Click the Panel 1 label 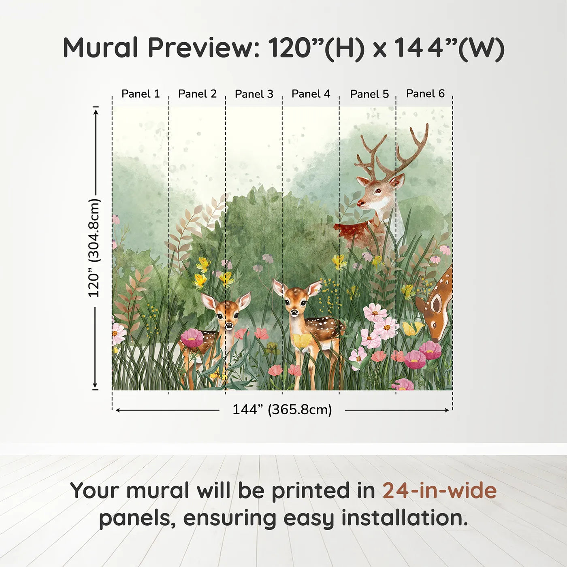coord(141,94)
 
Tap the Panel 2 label coord(197,94)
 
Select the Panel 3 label coord(254,94)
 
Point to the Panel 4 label coord(311,94)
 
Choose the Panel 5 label coord(369,94)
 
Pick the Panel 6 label coord(425,94)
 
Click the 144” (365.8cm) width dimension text coord(282,409)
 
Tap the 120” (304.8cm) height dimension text coord(94,248)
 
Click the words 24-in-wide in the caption coord(439,490)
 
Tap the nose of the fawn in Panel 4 coord(294,312)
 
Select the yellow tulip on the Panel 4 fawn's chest coord(302,341)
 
